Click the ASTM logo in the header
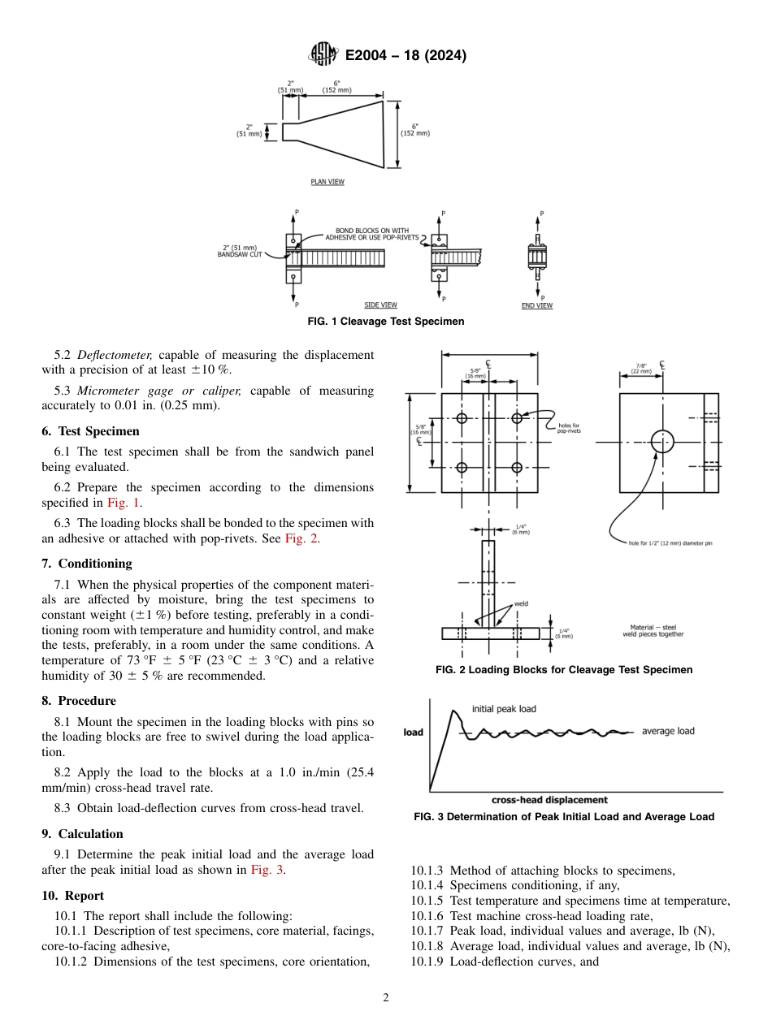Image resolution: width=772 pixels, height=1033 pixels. coord(325,55)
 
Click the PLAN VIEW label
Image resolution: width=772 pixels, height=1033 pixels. coord(327,182)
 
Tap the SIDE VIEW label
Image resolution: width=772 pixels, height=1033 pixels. coord(380,305)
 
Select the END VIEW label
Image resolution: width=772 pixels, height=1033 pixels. coord(536,305)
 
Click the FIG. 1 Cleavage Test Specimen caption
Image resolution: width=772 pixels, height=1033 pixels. coord(386,322)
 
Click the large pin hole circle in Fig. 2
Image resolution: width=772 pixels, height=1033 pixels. coord(662,442)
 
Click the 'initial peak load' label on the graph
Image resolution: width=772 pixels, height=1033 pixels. coord(504,709)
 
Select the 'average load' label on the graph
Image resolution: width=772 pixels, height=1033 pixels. coord(668,731)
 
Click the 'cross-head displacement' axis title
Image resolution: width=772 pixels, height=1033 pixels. coord(549,800)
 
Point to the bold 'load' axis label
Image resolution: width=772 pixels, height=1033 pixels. coord(414,733)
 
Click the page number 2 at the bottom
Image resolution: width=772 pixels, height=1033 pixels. coord(386,998)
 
